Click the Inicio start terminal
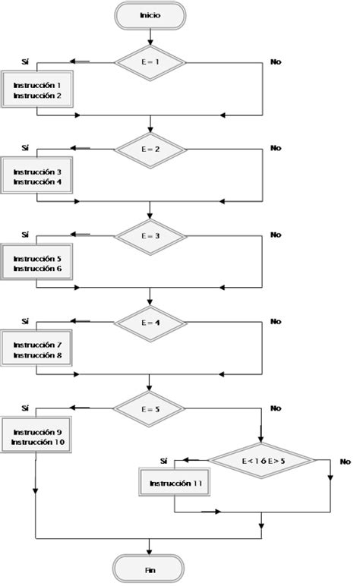tap(150, 14)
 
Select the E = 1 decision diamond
tap(150, 61)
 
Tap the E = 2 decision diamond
tap(150, 148)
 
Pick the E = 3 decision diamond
tap(150, 235)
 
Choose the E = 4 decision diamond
tap(150, 322)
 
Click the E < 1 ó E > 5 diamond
tap(262, 460)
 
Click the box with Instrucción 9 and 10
tap(36, 436)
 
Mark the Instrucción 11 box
tap(175, 483)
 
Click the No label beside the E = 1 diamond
tap(275, 61)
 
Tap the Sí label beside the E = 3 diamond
tap(25, 235)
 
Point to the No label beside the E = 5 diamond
tap(275, 408)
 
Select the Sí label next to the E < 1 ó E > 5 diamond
tap(163, 461)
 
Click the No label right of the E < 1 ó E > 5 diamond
tap(345, 462)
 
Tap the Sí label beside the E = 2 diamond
tap(25, 148)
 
